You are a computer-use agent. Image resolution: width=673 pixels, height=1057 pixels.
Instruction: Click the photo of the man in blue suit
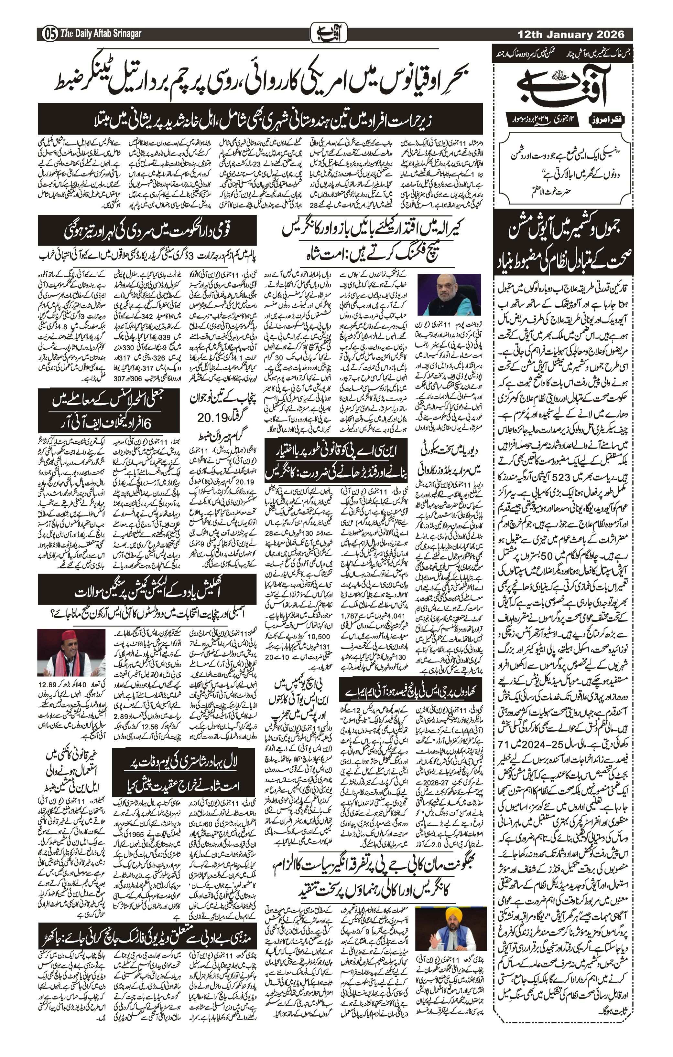(x=449, y=294)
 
